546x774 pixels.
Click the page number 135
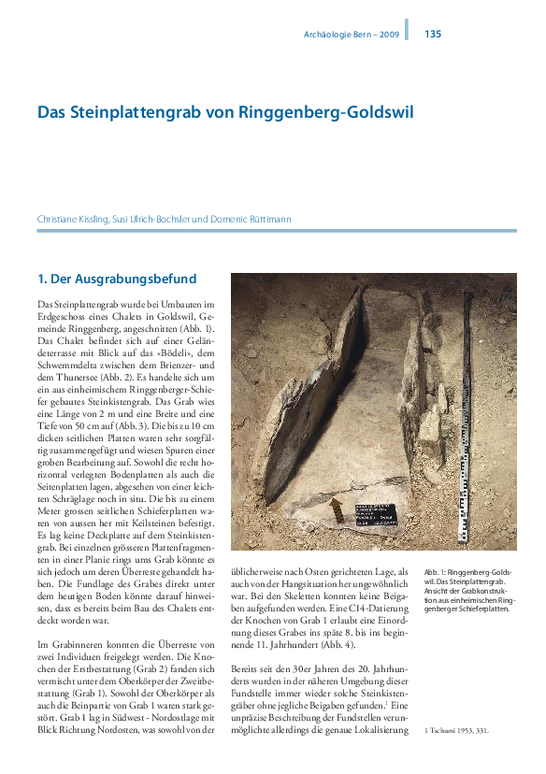pyautogui.click(x=433, y=35)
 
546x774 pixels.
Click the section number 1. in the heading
pyautogui.click(x=42, y=278)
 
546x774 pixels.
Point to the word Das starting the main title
pyautogui.click(x=50, y=113)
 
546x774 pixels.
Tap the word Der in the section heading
pyautogui.click(x=62, y=278)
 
